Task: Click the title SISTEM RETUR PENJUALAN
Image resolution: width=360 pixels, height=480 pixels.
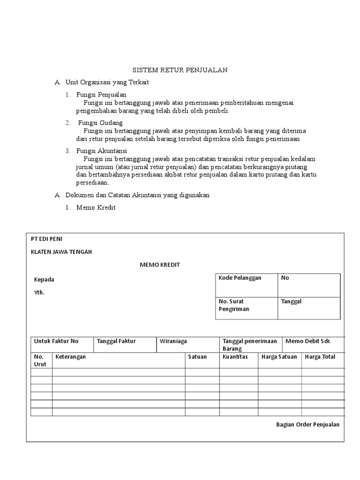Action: point(180,70)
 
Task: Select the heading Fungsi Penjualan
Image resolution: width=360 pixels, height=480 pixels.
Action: point(101,95)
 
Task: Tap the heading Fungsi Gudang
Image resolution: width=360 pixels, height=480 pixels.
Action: point(100,123)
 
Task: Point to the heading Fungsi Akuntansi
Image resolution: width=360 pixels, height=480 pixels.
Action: point(102,151)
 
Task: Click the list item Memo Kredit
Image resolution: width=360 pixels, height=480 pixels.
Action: point(96,207)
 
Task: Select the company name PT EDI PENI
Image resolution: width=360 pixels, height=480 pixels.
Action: point(46,239)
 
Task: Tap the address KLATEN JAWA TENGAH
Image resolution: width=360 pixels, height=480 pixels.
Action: point(61,252)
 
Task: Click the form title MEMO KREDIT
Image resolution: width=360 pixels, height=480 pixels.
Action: point(160,265)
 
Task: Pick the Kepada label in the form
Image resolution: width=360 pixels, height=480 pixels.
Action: point(44,279)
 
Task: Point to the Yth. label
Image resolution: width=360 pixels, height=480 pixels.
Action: point(39,292)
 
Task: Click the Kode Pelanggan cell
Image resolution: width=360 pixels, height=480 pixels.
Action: point(240,278)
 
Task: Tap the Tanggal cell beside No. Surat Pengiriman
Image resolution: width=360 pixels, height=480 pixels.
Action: point(291,301)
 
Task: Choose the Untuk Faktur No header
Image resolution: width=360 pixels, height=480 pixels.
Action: point(56,341)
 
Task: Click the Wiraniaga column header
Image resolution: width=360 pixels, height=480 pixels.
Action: point(173,341)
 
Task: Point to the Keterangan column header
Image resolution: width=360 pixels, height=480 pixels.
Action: point(70,357)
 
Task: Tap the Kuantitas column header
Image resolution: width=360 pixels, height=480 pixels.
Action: point(236,357)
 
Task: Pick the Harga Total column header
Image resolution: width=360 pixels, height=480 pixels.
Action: point(320,357)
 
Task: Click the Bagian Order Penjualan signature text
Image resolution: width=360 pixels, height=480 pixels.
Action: point(307,424)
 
